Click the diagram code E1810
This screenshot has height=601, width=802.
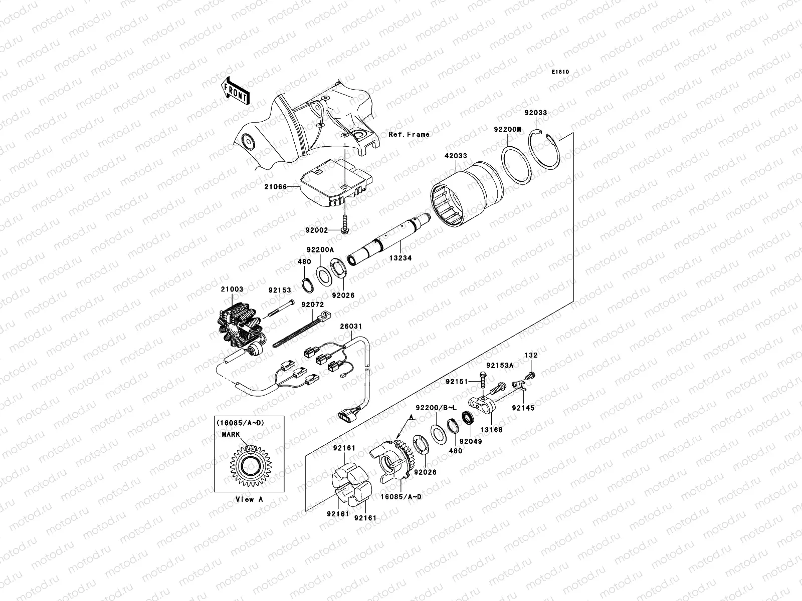point(560,72)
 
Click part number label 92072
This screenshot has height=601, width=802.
point(312,304)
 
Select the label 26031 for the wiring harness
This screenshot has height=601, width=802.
point(351,327)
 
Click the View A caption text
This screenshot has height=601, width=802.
point(249,499)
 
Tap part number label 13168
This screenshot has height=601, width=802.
point(492,429)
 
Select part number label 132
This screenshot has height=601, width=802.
point(531,355)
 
